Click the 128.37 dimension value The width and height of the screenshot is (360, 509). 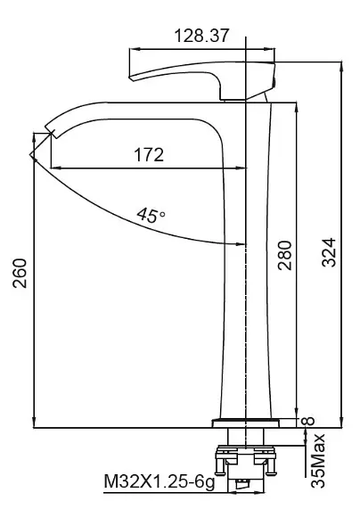tap(201, 36)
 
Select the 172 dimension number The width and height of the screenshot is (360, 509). tap(149, 155)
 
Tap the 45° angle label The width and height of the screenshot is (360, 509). tap(151, 215)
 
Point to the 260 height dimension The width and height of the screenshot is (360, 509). tap(20, 273)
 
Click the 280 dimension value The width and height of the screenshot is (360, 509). tap(284, 256)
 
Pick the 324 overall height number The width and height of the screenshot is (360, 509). tap(329, 252)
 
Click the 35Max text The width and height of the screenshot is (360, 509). tap(318, 461)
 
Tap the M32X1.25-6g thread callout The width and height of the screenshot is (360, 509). tap(160, 482)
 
